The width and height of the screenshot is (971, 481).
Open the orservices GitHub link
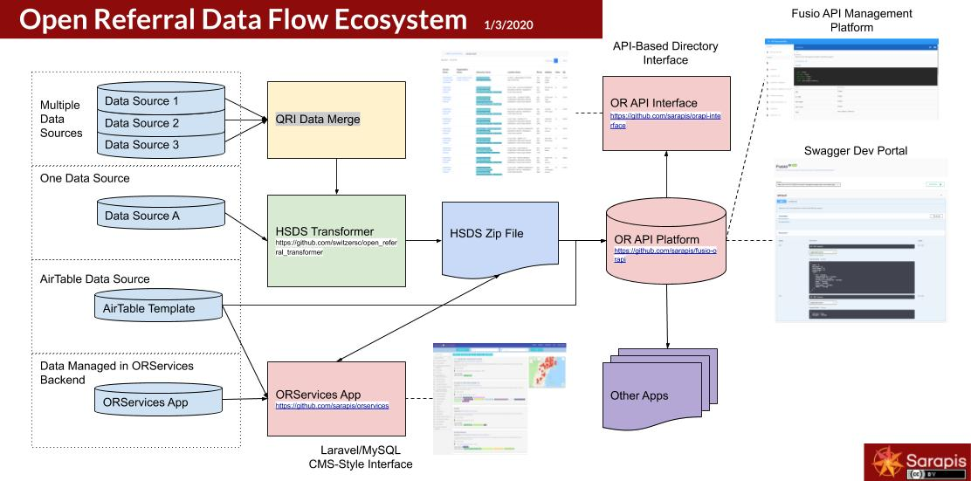click(x=332, y=406)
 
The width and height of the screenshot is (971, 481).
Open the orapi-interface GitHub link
click(x=665, y=121)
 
